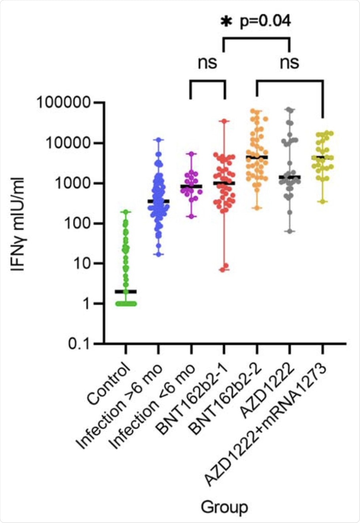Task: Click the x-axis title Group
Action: coord(224,506)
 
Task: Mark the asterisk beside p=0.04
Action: coord(226,22)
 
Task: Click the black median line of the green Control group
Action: coord(126,292)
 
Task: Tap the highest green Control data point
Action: coord(126,212)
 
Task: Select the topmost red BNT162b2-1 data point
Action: coord(225,121)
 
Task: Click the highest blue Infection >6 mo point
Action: coord(159,140)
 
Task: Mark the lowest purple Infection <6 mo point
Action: coord(191,216)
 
